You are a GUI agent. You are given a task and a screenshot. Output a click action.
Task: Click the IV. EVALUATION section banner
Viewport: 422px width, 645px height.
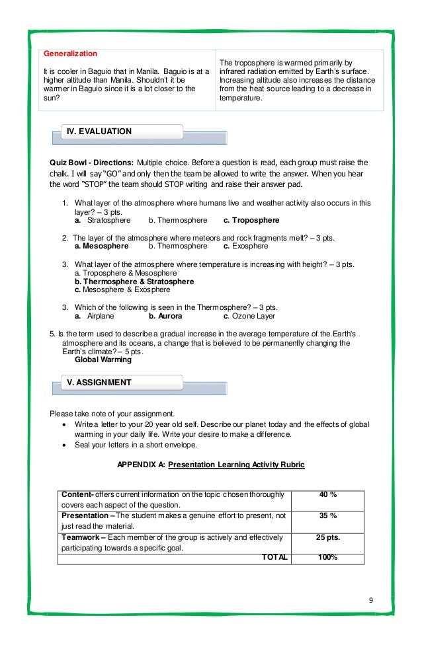pyautogui.click(x=99, y=132)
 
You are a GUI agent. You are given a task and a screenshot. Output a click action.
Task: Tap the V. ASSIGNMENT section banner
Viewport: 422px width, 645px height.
pyautogui.click(x=99, y=383)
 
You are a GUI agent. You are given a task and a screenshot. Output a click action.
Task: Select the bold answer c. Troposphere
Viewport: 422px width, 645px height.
pyautogui.click(x=251, y=220)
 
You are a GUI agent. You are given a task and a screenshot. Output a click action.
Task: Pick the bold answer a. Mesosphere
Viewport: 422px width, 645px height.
pyautogui.click(x=102, y=246)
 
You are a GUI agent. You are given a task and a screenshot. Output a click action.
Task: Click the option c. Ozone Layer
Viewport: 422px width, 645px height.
pyautogui.click(x=254, y=316)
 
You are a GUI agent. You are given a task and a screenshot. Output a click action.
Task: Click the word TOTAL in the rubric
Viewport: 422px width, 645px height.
pyautogui.click(x=274, y=557)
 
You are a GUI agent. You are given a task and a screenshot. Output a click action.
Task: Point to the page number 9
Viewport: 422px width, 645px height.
pyautogui.click(x=371, y=600)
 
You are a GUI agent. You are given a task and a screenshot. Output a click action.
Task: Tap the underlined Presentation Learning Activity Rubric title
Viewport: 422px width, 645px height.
pyautogui.click(x=236, y=465)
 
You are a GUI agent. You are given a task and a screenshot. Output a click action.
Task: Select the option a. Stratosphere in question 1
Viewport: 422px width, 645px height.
pyautogui.click(x=103, y=220)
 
